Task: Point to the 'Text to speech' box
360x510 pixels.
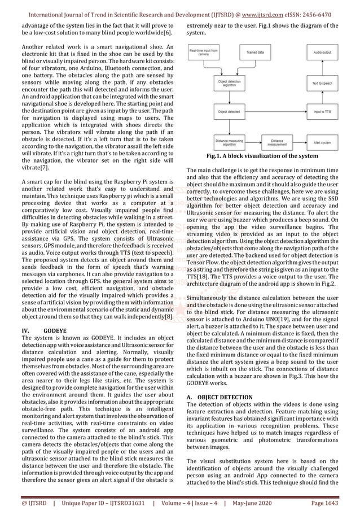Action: (x=322, y=84)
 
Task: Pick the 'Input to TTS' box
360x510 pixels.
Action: (x=322, y=112)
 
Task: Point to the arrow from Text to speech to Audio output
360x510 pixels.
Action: (x=322, y=71)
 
